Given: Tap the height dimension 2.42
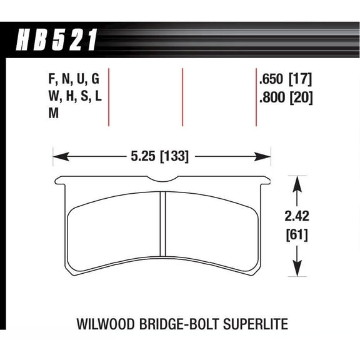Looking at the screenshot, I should click(297, 219).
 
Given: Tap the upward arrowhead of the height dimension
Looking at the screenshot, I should click(297, 181).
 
